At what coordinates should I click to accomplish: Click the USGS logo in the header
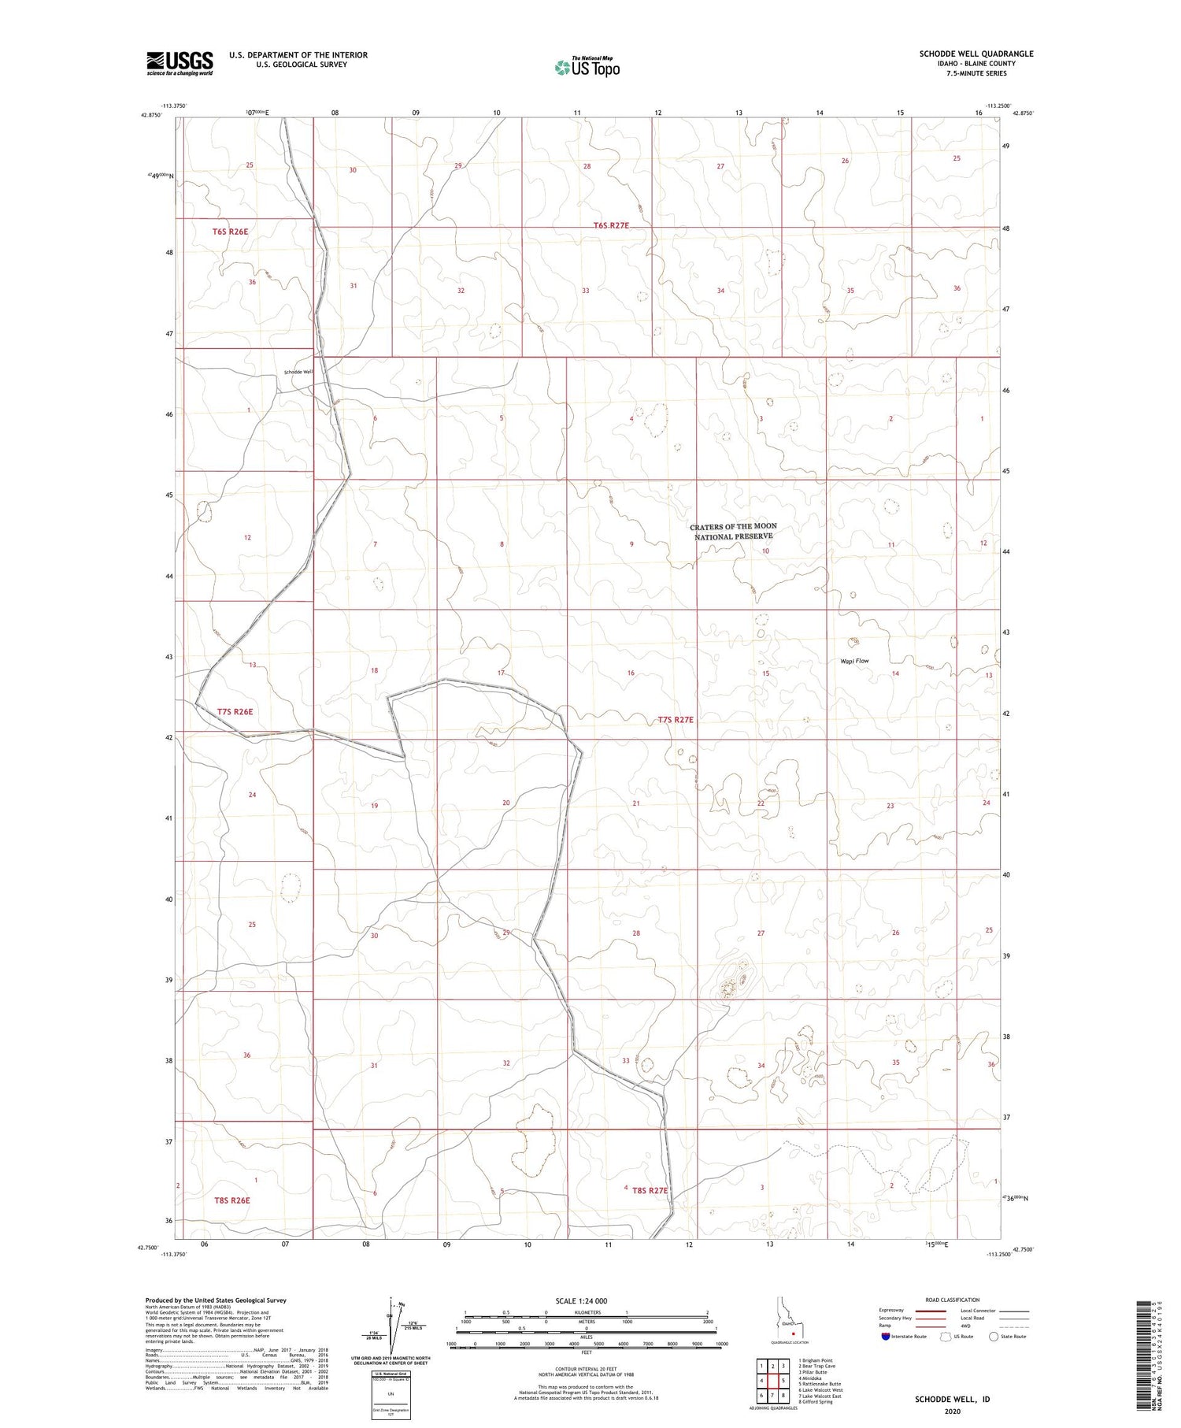pos(180,63)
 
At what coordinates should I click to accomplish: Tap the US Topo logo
pos(587,68)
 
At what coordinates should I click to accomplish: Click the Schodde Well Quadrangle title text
pos(976,54)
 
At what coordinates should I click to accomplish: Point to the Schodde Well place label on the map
pos(298,372)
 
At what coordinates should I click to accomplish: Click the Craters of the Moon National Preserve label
pos(733,531)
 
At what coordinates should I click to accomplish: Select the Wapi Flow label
pos(854,661)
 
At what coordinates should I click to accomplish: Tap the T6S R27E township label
pos(611,225)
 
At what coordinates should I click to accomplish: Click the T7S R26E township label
pos(235,711)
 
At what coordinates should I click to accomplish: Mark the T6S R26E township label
pos(230,232)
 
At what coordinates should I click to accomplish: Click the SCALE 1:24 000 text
pos(582,1300)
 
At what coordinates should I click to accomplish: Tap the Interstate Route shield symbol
pos(885,1337)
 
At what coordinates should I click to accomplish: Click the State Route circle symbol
pos(994,1337)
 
